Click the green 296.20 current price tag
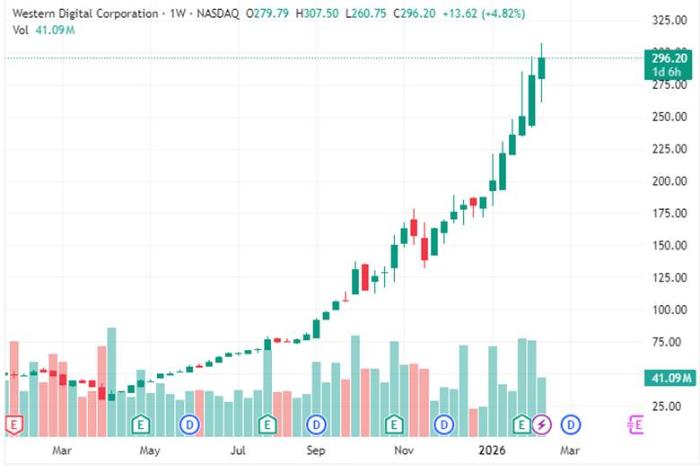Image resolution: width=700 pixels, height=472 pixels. [x=669, y=58]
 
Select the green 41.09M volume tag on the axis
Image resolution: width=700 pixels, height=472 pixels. [x=669, y=379]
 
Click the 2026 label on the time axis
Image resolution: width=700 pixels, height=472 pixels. [x=490, y=450]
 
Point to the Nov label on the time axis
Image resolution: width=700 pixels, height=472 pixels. [x=404, y=450]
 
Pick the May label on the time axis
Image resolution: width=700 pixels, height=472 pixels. [x=150, y=450]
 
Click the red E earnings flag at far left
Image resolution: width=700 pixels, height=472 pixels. [x=13, y=424]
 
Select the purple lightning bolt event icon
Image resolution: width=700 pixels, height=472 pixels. [x=541, y=424]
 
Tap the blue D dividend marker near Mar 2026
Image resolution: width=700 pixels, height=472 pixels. [x=570, y=424]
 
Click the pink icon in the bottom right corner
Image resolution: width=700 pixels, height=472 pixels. [x=635, y=424]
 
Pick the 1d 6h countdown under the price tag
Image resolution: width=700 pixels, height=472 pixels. [x=669, y=72]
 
